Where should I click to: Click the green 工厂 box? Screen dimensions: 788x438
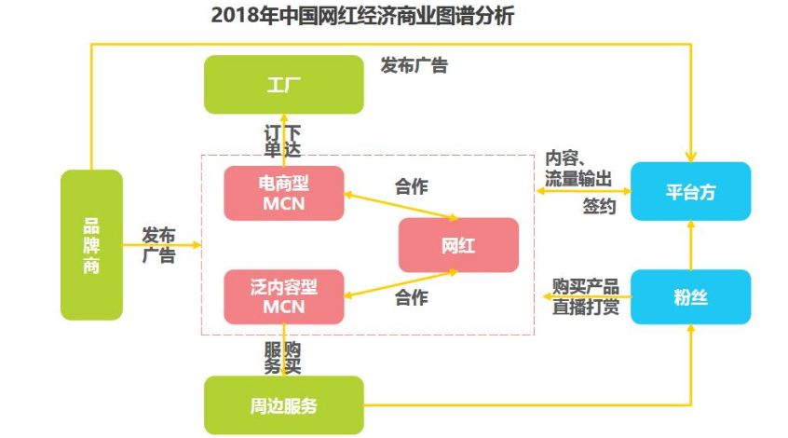(x=284, y=85)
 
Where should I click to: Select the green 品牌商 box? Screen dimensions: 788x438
(x=91, y=244)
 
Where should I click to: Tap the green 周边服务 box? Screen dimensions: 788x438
(x=283, y=405)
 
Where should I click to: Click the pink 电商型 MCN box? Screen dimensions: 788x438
(x=284, y=194)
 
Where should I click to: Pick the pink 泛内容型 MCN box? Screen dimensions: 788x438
(x=284, y=296)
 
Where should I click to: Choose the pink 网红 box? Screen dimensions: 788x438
(x=457, y=245)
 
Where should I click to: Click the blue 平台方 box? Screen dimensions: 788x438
(x=690, y=192)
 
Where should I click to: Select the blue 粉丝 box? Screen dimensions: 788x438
(x=690, y=297)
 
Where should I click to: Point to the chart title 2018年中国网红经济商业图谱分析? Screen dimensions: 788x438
(x=363, y=17)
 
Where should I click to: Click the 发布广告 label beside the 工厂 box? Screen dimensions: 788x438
(x=414, y=66)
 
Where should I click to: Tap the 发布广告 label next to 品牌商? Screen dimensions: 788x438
(x=159, y=244)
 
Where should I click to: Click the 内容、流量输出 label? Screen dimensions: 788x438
(x=578, y=167)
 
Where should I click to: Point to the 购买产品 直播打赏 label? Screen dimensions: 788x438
(x=585, y=295)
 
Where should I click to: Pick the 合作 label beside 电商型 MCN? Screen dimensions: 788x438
(x=412, y=186)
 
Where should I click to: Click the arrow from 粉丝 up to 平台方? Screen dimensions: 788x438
(x=690, y=245)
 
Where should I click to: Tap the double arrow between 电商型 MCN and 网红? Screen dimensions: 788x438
(x=401, y=207)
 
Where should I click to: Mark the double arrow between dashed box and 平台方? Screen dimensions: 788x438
(x=583, y=190)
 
